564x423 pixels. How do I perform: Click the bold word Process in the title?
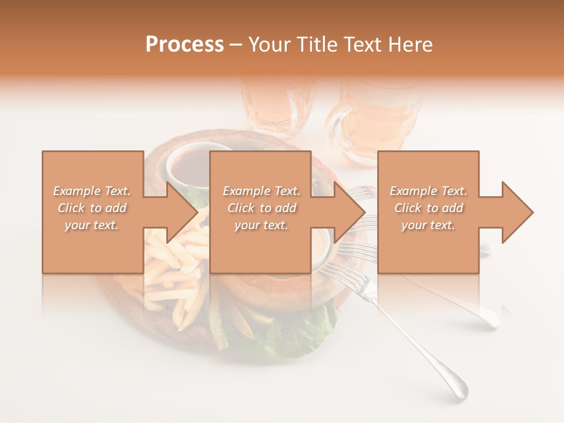coord(184,45)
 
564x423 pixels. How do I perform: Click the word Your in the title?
coord(270,45)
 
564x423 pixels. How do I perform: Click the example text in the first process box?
coord(92,208)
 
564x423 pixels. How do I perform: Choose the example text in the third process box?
coord(428,208)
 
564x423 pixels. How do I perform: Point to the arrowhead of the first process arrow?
coord(183,212)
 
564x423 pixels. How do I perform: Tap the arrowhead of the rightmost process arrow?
coord(518,212)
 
